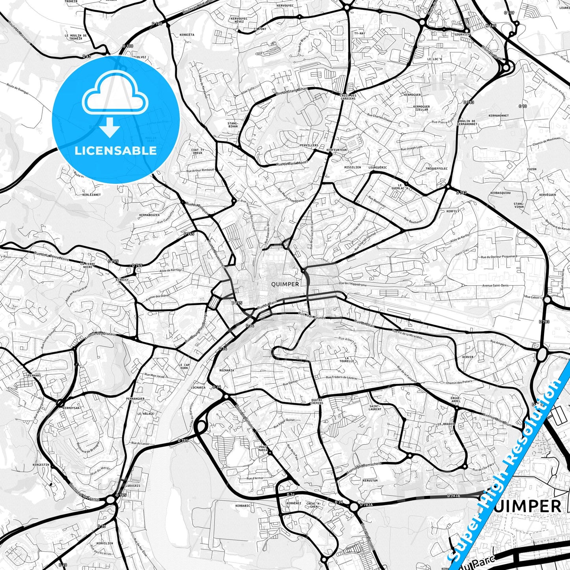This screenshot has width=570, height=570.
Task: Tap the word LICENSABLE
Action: (x=116, y=151)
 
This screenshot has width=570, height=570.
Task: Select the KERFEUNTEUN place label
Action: (x=336, y=150)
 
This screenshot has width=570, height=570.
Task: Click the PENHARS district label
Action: (x=34, y=376)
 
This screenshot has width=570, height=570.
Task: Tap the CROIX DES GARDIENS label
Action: (x=348, y=97)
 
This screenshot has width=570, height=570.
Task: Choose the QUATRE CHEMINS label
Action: (x=316, y=401)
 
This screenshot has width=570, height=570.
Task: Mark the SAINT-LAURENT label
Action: (x=375, y=407)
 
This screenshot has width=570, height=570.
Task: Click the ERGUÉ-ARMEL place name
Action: (x=456, y=400)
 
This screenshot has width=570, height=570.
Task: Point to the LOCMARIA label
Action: (x=198, y=387)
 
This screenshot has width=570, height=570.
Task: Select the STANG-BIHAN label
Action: (x=233, y=125)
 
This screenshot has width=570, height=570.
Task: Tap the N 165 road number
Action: (x=491, y=25)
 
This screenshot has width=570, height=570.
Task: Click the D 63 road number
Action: (x=86, y=56)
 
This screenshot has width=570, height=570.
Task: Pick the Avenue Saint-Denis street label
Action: (x=495, y=286)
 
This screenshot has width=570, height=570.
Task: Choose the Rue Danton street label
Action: (x=290, y=383)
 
